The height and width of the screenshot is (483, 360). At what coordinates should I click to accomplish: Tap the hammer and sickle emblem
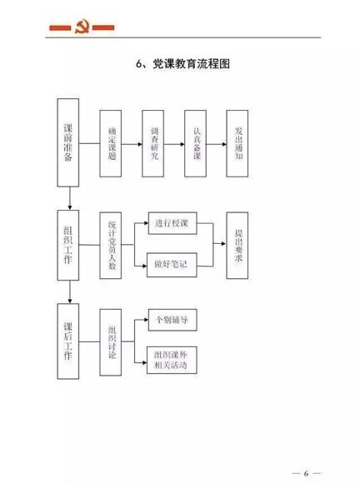pos(82,27)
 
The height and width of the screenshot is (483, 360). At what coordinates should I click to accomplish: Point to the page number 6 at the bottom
pos(306,473)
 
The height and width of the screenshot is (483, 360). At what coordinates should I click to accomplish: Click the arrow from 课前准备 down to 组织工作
pos(70,198)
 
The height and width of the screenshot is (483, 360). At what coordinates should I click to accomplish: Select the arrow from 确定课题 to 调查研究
pos(132,144)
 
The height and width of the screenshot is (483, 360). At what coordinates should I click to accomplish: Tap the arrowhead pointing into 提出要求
pos(224,244)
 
